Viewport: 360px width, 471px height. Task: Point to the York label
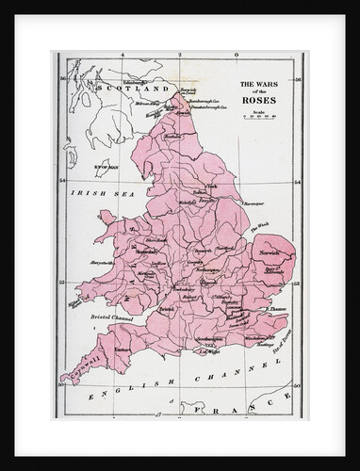pos(212,187)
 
